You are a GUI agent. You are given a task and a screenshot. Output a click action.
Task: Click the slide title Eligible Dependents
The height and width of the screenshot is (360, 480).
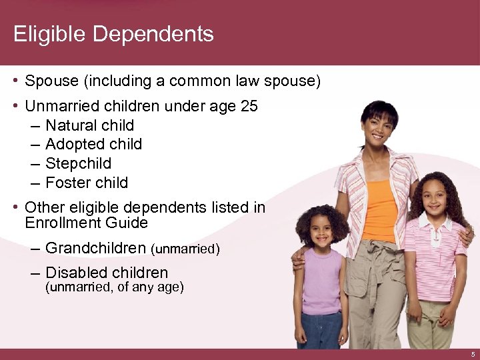pos(113,34)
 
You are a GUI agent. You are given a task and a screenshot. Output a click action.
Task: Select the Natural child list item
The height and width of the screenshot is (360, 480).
pos(89,125)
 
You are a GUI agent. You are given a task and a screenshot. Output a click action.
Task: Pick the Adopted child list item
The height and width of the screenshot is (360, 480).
pos(93,144)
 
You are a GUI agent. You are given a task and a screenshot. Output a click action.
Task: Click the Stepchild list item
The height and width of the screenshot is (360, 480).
pos(78,163)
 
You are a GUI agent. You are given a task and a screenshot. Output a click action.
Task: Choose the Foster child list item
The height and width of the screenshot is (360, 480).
pos(87,183)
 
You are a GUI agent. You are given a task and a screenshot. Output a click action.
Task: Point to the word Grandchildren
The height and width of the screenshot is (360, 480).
pos(95,249)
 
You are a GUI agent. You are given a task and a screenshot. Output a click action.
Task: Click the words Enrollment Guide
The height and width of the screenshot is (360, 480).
pos(86,223)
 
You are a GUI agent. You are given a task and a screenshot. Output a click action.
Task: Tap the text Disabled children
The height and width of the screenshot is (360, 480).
pos(107,273)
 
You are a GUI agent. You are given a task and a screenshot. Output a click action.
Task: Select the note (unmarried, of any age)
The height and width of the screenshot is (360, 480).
pos(114,287)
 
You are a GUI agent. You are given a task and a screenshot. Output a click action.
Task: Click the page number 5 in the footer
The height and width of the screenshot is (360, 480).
pos(472,354)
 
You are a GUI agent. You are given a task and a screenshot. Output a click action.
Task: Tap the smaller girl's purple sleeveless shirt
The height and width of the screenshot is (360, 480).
pos(322,280)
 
